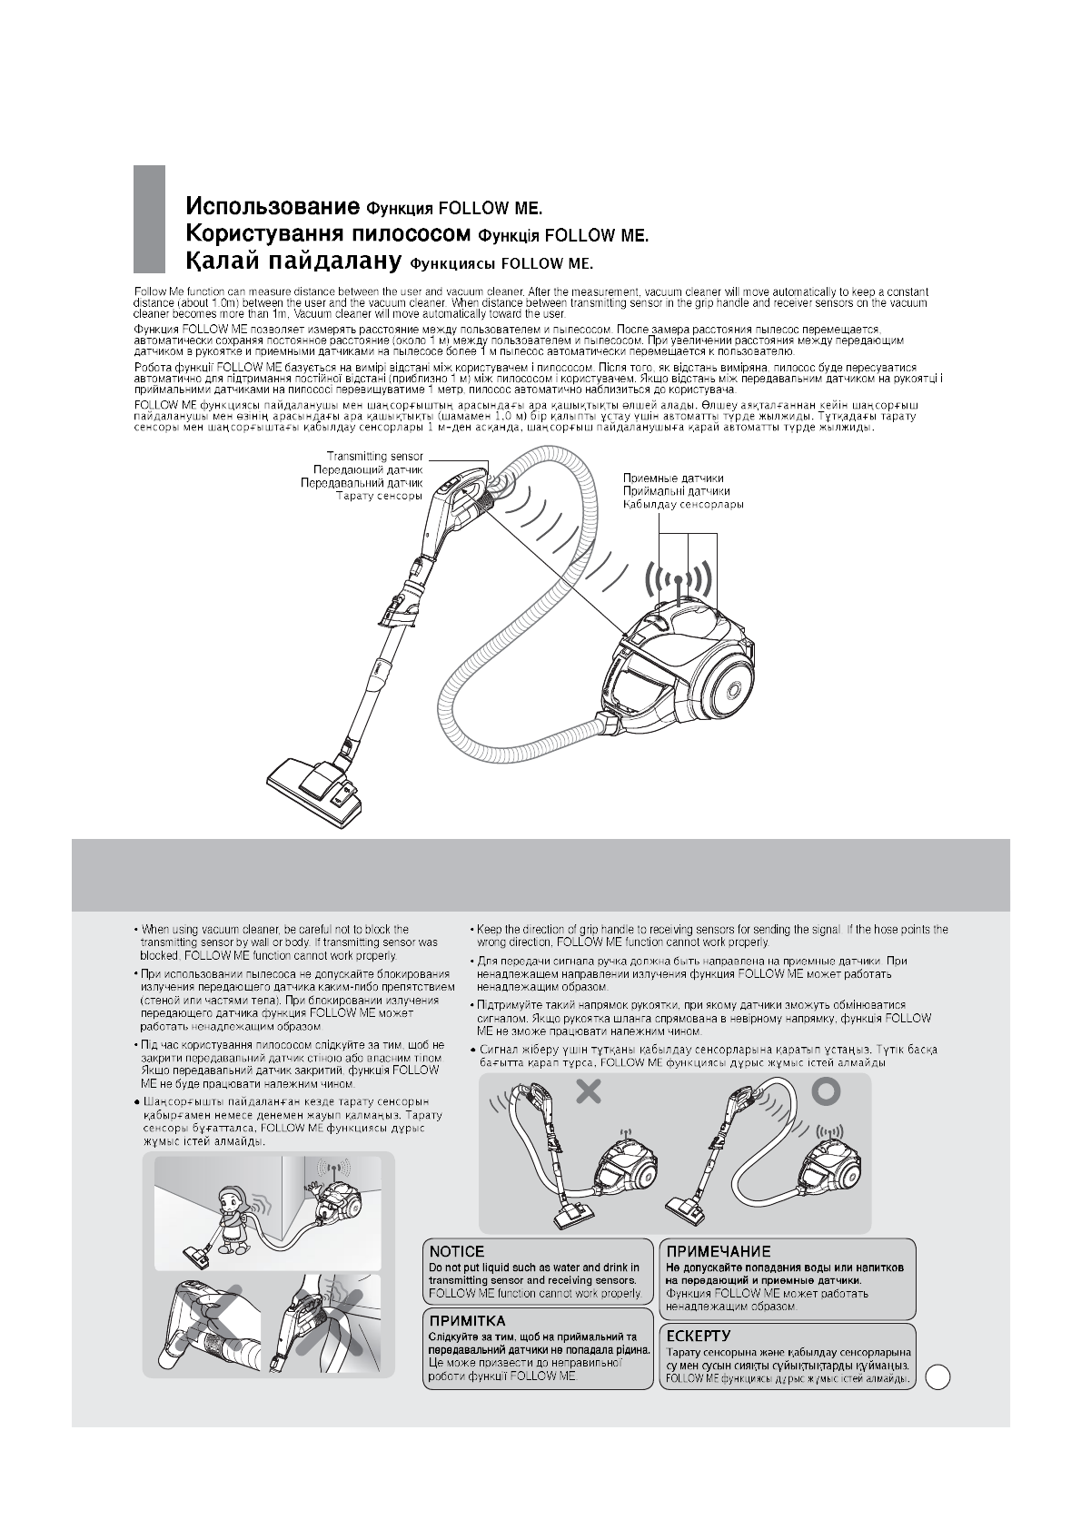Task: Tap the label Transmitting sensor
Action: coord(374,457)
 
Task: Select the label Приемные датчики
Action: coord(673,478)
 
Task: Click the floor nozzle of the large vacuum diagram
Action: coord(318,786)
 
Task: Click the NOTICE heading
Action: coord(456,1251)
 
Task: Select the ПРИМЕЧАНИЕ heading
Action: coord(718,1251)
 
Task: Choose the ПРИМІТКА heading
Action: coord(467,1321)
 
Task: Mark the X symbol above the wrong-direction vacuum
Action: coord(589,1091)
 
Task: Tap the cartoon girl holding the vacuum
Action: coord(231,1219)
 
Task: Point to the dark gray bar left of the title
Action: coord(149,219)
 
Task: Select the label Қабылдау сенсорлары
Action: coord(683,504)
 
